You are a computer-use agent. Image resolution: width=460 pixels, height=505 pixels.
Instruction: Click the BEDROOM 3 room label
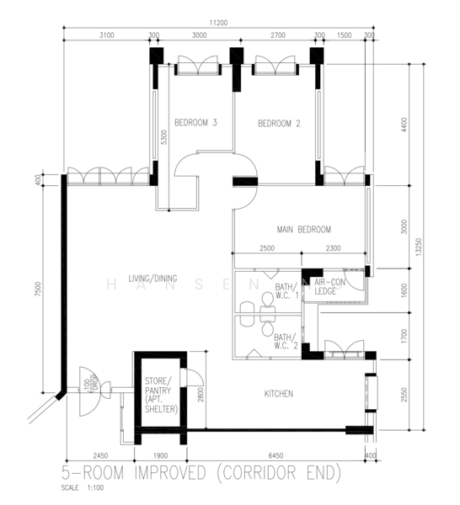coord(195,123)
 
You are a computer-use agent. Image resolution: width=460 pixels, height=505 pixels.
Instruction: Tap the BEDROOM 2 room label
coord(279,123)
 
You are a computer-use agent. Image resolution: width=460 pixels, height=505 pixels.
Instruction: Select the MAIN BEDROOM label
coord(303,229)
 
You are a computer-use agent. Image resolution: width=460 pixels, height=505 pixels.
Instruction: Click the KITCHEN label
coord(278,393)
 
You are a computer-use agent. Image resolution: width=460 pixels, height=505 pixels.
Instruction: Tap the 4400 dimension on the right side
coord(404,124)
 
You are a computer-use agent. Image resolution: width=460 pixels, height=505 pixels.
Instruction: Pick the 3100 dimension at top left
coord(106,35)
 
